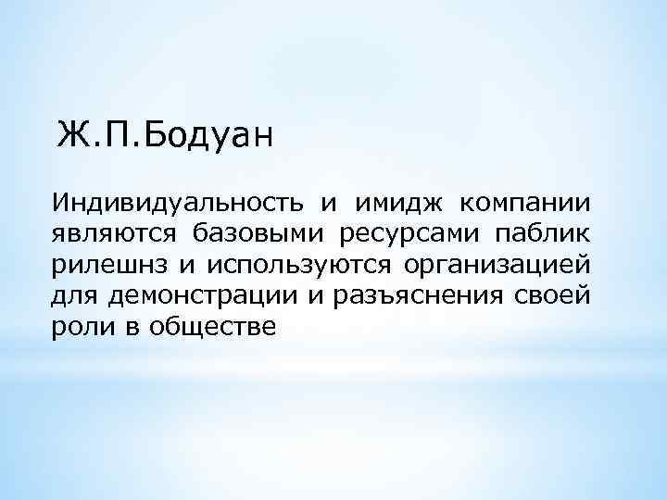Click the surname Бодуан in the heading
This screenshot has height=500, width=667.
click(x=209, y=135)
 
